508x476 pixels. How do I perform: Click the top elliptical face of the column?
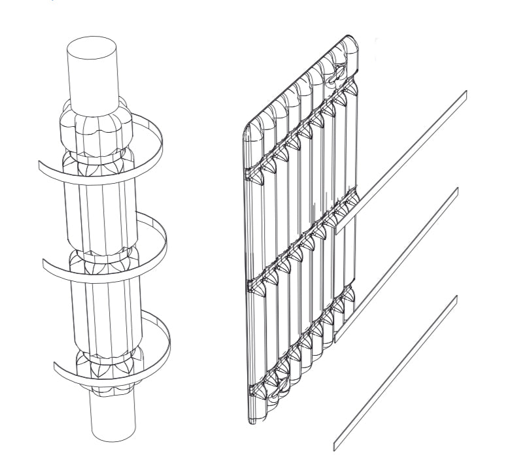click(x=93, y=45)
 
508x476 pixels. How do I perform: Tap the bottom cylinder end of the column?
click(x=112, y=418)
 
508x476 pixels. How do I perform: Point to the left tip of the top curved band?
click(x=40, y=167)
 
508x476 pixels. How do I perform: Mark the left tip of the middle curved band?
click(x=44, y=264)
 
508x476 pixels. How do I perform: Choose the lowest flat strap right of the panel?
click(x=396, y=373)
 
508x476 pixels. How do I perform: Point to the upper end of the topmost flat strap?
click(x=464, y=93)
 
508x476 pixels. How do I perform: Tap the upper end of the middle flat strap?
click(x=456, y=192)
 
